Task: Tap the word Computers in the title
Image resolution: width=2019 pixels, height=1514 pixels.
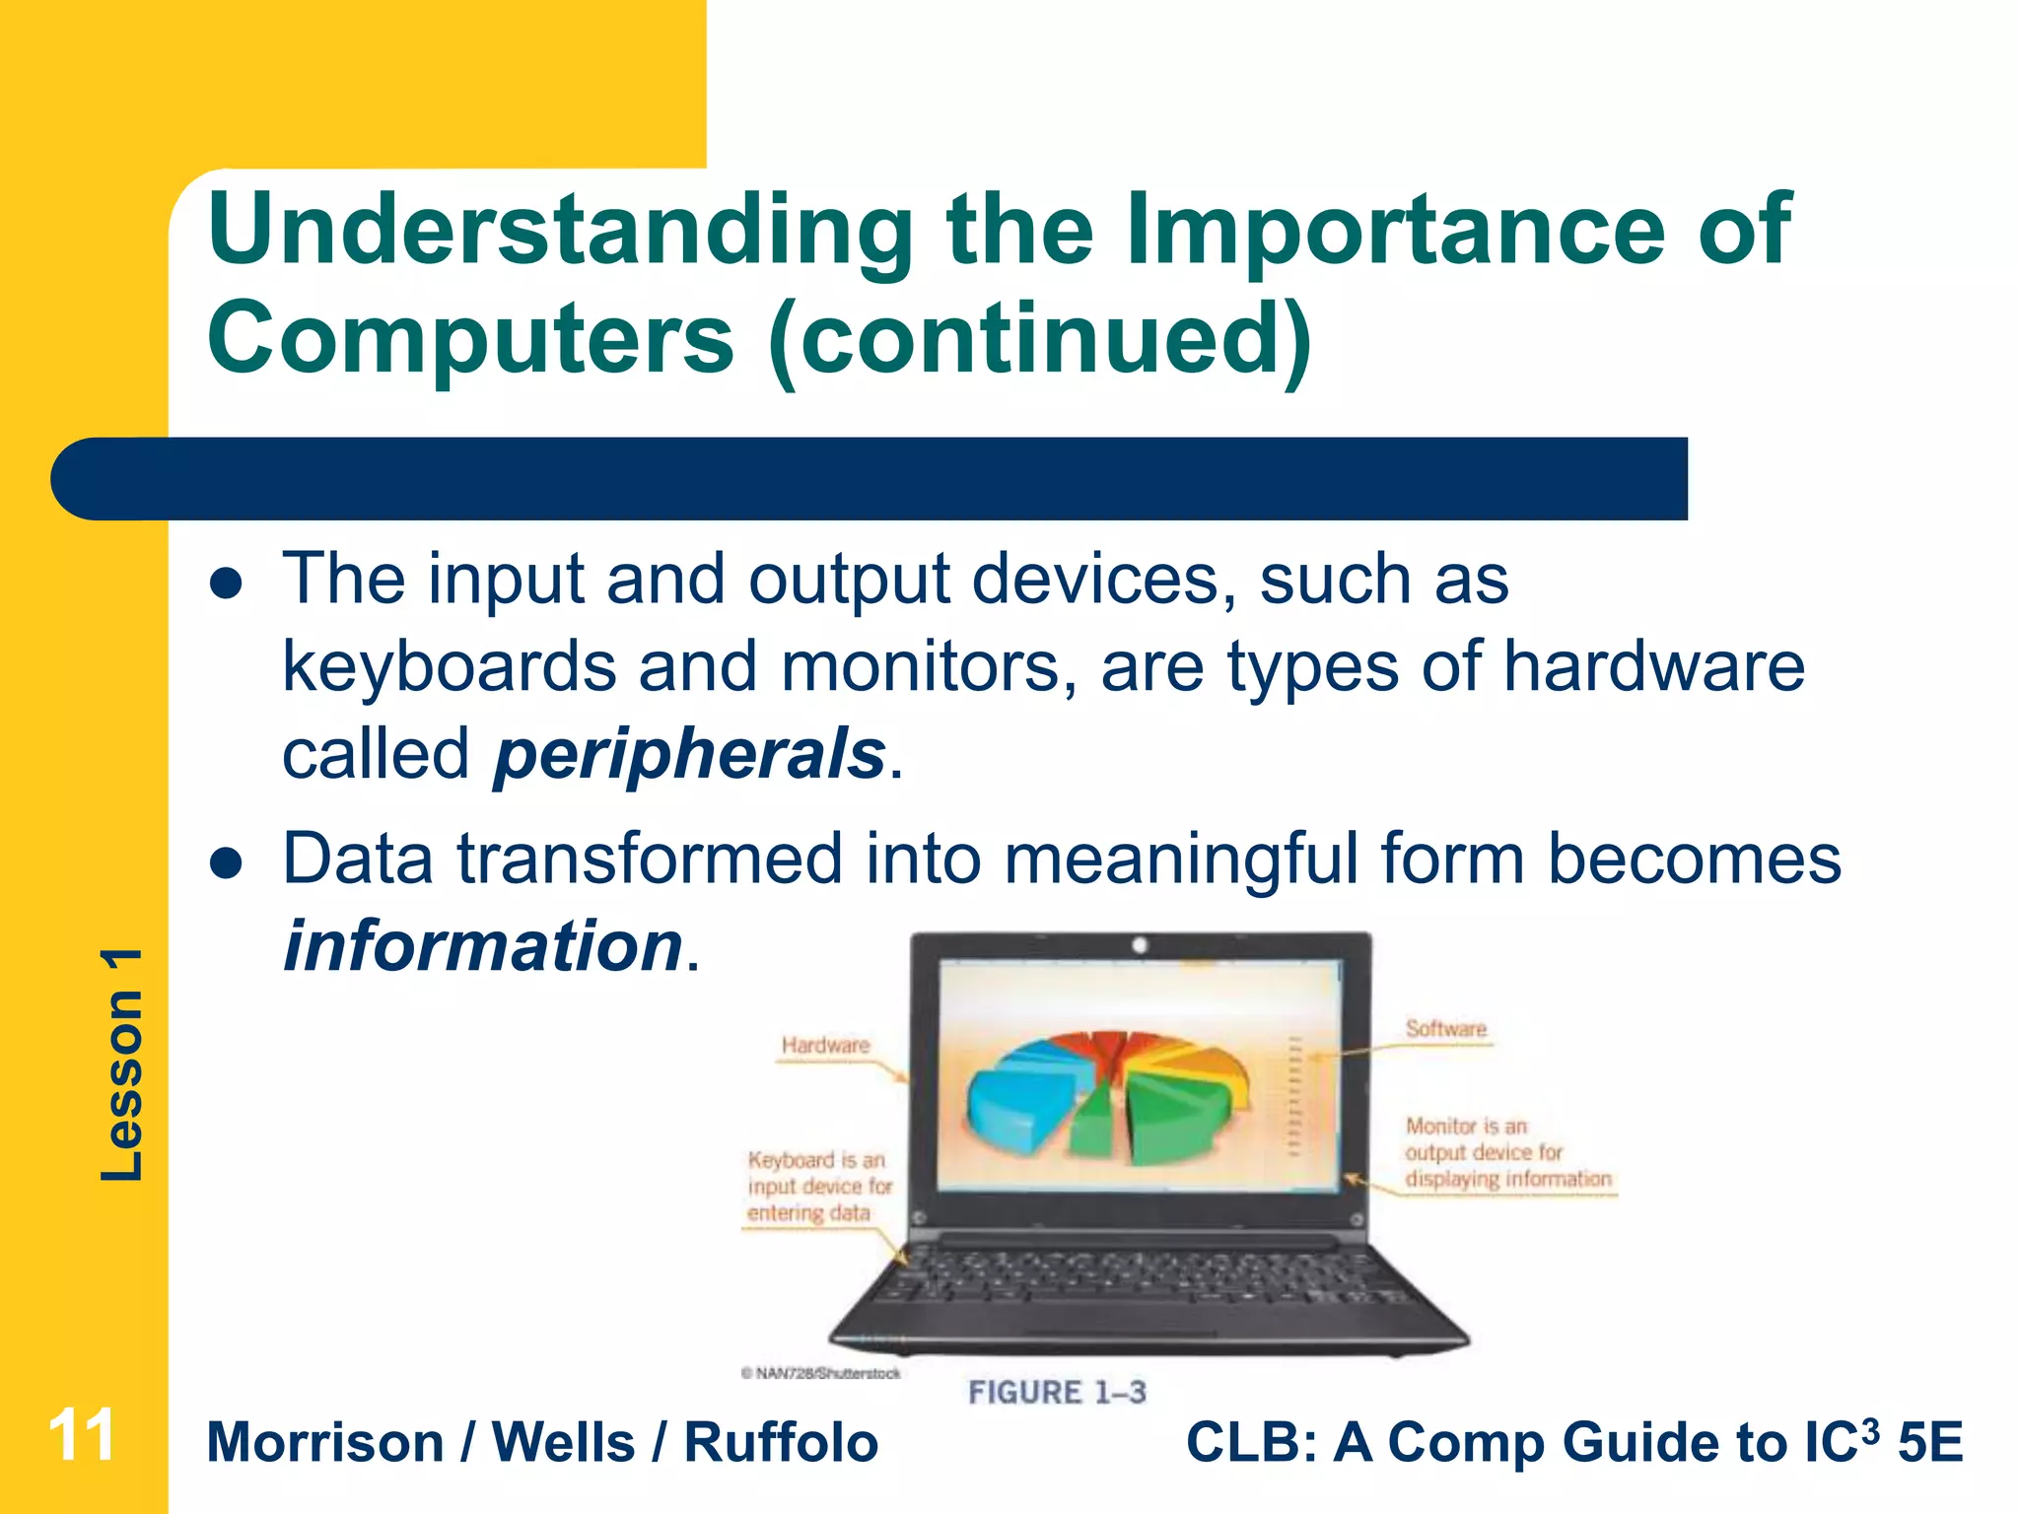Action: click(x=470, y=338)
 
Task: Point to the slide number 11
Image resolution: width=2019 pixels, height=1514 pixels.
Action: click(x=82, y=1436)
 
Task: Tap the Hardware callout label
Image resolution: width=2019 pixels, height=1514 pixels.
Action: click(x=825, y=1045)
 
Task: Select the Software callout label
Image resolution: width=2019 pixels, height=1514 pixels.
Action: click(x=1445, y=1029)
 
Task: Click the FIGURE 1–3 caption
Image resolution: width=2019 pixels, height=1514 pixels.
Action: click(x=1057, y=1393)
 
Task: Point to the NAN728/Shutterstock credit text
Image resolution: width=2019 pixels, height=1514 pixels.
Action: click(x=821, y=1373)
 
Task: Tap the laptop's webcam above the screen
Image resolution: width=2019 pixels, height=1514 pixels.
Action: click(x=1140, y=945)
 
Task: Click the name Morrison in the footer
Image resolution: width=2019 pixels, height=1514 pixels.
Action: click(x=325, y=1443)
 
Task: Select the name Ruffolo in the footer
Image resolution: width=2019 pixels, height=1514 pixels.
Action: click(x=781, y=1443)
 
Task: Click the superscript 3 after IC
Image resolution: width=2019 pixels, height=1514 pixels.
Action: click(x=1869, y=1428)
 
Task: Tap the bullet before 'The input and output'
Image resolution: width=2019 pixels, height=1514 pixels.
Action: click(x=227, y=583)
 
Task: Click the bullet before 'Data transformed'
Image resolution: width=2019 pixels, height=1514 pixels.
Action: click(x=227, y=863)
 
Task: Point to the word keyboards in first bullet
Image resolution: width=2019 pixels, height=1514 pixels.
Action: click(x=449, y=668)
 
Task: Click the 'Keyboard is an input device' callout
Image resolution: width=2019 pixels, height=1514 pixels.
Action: click(x=818, y=1187)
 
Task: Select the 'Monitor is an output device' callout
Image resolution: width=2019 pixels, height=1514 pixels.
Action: click(x=1506, y=1152)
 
